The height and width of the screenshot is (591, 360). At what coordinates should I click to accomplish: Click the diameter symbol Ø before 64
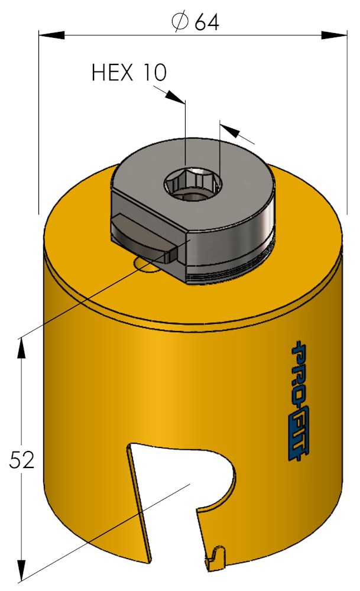tap(180, 22)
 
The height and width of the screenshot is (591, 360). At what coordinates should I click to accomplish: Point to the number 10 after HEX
tap(153, 73)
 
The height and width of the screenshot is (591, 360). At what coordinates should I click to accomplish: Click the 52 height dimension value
tap(22, 459)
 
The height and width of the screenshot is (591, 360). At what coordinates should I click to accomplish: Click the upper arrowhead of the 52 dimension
tap(22, 348)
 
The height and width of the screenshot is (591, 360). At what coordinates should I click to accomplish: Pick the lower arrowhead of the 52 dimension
tap(22, 570)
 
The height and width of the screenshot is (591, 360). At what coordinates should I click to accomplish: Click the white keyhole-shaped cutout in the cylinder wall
tap(177, 479)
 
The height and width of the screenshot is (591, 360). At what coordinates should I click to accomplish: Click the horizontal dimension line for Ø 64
tap(118, 35)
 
